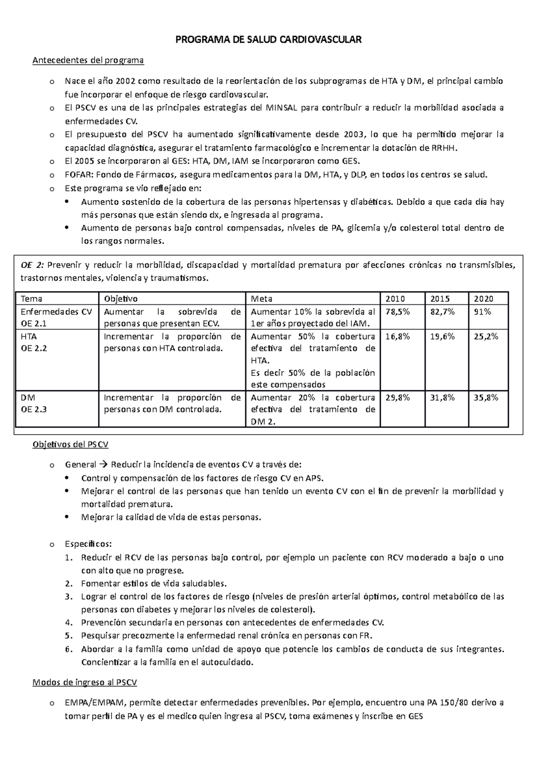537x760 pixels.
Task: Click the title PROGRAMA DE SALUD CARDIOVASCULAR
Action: tap(268, 40)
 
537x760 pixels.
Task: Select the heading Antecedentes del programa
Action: tap(88, 60)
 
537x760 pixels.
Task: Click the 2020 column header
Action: tap(483, 299)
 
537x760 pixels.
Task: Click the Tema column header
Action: tap(31, 299)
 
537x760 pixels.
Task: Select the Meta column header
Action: tap(261, 299)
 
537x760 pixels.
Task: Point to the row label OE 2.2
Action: tap(34, 348)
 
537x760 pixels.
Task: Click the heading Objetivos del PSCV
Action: tap(71, 445)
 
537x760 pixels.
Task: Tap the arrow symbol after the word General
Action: tap(103, 465)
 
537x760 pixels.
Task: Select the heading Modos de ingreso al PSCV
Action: tap(85, 683)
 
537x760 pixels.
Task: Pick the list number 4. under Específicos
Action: tap(68, 623)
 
